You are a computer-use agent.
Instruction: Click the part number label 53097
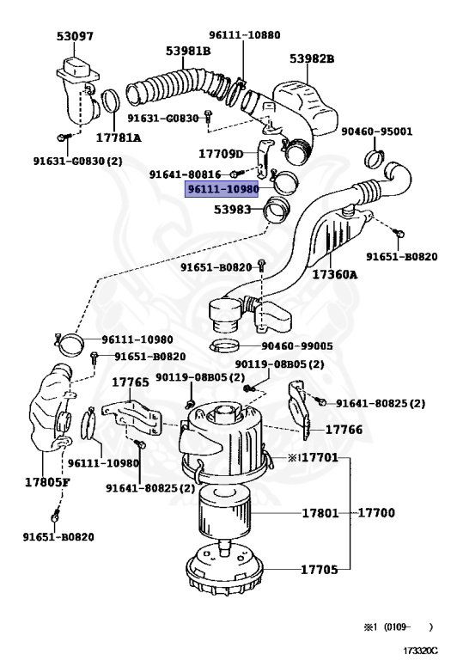point(76,37)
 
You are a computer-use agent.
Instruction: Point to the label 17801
point(321,514)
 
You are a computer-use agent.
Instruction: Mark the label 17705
point(321,569)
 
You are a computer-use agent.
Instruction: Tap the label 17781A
point(119,137)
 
